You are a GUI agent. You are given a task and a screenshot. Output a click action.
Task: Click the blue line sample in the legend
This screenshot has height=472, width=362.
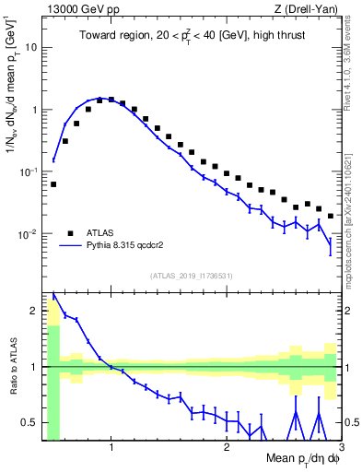[71, 246]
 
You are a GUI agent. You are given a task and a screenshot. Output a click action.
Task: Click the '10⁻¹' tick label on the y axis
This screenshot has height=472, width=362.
[28, 171]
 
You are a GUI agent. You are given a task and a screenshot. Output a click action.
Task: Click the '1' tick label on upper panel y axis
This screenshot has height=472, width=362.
[33, 109]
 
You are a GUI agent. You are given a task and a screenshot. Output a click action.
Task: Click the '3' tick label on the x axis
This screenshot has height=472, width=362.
[341, 449]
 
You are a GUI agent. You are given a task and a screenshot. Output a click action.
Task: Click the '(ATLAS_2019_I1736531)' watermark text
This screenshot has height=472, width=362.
[192, 276]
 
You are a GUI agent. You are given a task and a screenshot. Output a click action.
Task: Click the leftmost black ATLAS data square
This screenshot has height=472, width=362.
[53, 184]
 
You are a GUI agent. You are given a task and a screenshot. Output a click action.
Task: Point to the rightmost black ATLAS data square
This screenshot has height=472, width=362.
[331, 216]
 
